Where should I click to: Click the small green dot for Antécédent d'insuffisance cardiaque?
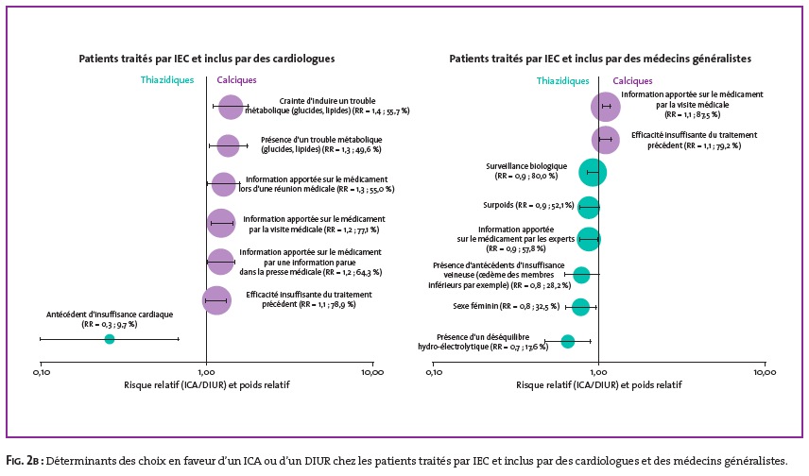click(110, 339)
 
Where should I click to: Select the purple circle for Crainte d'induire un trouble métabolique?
click(231, 108)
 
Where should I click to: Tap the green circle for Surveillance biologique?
click(593, 172)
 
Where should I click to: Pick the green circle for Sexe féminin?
click(580, 307)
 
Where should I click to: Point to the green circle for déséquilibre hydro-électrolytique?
click(568, 341)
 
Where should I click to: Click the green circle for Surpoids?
click(588, 208)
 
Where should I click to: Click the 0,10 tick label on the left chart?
click(42, 372)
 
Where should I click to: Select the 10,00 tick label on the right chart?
click(765, 372)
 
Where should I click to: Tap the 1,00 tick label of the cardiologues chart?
click(206, 372)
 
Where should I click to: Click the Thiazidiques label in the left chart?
click(167, 80)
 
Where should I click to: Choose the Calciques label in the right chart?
click(632, 81)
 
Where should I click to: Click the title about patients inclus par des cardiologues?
click(207, 59)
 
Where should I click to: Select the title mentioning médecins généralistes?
click(600, 59)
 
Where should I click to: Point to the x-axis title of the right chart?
click(599, 384)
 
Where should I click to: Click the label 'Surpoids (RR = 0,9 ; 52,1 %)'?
click(529, 205)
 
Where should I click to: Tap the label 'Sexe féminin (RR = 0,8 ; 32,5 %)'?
click(507, 306)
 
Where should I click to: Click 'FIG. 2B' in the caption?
click(24, 461)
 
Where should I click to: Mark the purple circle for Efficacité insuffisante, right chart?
click(606, 140)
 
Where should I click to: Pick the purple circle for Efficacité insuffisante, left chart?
click(216, 300)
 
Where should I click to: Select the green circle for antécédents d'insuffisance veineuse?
click(581, 275)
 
